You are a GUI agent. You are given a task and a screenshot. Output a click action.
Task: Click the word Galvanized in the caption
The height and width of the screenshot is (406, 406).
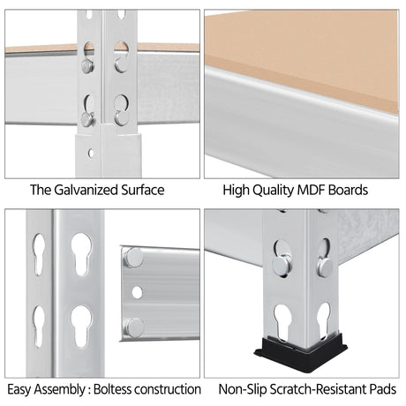[x=86, y=190]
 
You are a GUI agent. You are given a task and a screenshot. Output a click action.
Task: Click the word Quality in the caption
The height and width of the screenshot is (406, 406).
[x=274, y=191]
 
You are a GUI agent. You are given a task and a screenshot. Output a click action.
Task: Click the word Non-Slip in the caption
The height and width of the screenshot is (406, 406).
[x=243, y=389]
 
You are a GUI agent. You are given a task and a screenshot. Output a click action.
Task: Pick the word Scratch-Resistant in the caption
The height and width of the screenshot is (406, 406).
[x=318, y=389]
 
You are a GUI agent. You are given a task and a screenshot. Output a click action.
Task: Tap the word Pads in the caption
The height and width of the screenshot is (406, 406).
[x=383, y=389]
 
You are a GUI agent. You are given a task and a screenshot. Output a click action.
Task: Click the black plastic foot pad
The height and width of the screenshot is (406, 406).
[x=301, y=347]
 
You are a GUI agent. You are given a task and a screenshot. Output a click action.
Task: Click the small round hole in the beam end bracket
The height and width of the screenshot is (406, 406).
[x=137, y=293]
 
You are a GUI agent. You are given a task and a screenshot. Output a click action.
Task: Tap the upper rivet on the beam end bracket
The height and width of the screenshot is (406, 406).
[x=135, y=258]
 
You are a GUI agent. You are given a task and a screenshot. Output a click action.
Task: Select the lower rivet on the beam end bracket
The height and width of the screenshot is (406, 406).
[x=135, y=327]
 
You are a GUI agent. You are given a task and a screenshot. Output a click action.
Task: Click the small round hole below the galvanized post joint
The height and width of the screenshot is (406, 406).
[x=91, y=154]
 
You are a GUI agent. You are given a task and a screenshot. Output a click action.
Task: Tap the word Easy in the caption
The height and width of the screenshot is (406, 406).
[x=19, y=389]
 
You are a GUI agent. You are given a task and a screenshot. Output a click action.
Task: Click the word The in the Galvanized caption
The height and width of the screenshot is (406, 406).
[x=41, y=190]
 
